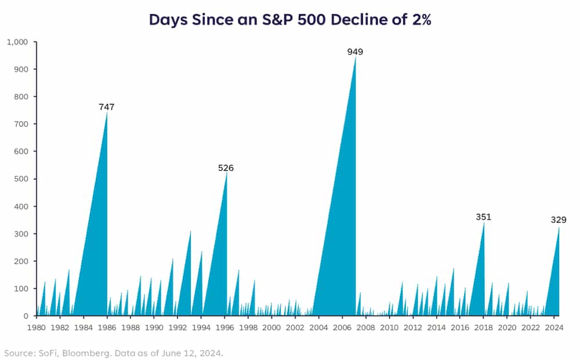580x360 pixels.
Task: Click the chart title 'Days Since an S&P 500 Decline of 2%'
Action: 290,19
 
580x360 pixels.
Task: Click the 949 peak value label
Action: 355,52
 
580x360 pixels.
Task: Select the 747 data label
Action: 107,107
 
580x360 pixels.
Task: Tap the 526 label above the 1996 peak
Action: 226,168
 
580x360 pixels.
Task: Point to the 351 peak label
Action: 484,217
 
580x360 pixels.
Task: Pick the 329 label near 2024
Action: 559,220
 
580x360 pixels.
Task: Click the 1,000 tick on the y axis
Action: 17,42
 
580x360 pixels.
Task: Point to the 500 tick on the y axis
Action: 21,179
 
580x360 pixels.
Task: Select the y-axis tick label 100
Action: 21,289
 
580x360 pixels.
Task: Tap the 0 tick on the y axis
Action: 26,316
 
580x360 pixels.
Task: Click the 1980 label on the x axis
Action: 37,328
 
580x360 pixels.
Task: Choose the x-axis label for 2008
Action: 366,328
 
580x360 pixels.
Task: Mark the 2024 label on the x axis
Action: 554,328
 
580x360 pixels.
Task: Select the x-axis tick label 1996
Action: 224,328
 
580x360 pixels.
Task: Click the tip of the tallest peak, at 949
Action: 356,57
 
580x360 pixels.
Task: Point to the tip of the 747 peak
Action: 107,112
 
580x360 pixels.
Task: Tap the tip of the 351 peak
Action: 484,222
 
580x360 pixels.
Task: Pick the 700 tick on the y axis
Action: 21,124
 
